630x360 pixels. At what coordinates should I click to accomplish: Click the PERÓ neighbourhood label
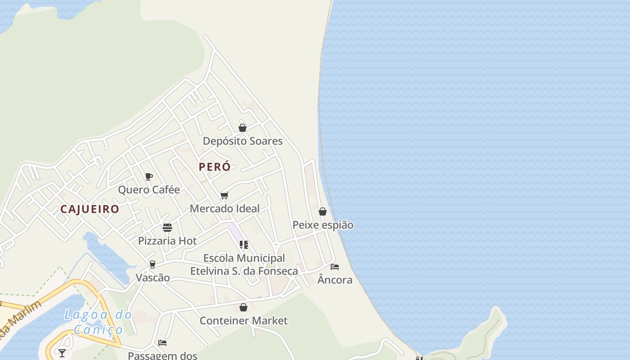pos(215,167)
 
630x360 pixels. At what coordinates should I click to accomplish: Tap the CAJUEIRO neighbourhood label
pos(90,209)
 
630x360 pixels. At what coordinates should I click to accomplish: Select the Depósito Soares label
pos(243,141)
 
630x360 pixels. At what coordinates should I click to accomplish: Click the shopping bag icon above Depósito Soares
pos(243,128)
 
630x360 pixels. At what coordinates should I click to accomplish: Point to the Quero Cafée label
pos(149,189)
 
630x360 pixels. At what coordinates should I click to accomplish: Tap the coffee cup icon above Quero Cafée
pos(149,176)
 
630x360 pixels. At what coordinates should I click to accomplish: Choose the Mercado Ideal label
pos(225,208)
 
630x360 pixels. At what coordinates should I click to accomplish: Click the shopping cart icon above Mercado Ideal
pos(225,195)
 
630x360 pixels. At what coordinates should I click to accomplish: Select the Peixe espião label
pos(323,225)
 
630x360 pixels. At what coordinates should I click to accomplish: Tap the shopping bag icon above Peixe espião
pos(323,211)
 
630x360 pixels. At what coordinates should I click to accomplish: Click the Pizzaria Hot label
pos(167,241)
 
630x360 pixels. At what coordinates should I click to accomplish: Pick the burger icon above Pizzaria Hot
pos(167,228)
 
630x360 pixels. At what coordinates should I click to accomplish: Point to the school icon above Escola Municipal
pos(244,245)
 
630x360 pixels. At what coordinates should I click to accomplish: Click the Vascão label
pos(153,277)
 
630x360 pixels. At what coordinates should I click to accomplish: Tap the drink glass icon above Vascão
pos(153,264)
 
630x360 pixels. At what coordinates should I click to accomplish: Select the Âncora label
pos(335,280)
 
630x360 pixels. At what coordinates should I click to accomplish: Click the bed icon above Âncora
pos(335,267)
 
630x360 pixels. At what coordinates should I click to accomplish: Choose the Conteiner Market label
pos(243,320)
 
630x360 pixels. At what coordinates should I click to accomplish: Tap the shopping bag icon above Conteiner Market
pos(243,307)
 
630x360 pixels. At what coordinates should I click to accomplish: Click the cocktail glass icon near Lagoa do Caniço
pos(62,353)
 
